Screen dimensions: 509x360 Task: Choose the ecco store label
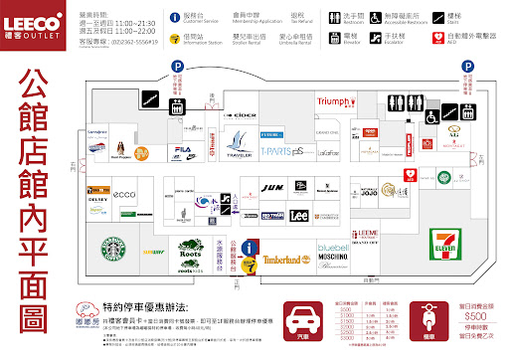coord(124,194)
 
